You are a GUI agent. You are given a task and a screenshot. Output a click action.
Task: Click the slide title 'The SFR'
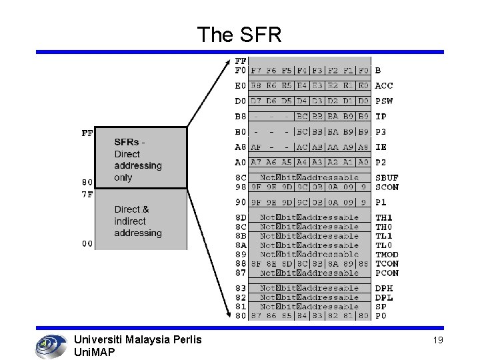click(239, 35)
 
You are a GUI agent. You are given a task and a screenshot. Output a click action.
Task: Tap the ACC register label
click(384, 85)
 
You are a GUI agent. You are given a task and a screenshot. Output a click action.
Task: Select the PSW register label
click(384, 101)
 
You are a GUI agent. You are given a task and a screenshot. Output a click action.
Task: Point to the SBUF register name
click(387, 178)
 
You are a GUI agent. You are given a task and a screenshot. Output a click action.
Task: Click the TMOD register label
click(387, 255)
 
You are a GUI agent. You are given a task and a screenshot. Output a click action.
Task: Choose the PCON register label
click(387, 273)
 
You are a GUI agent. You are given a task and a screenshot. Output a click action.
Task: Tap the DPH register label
click(384, 288)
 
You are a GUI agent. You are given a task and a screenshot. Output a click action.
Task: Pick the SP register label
click(381, 307)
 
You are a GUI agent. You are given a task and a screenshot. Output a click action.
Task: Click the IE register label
click(381, 147)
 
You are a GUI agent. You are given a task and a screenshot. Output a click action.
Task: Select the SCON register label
click(387, 187)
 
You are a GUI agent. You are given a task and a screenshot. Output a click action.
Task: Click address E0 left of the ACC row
click(240, 85)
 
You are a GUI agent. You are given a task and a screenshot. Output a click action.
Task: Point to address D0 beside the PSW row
click(240, 101)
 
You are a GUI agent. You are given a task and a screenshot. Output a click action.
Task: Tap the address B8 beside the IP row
click(240, 116)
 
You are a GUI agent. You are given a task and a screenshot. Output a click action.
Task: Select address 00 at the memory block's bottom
click(87, 243)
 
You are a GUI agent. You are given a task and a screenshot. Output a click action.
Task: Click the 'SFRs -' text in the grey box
click(129, 142)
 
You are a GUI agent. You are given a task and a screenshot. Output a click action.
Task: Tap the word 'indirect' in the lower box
click(130, 221)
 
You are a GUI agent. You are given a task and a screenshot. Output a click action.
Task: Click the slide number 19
click(437, 341)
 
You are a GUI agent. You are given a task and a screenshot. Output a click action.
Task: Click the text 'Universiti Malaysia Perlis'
click(137, 340)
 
